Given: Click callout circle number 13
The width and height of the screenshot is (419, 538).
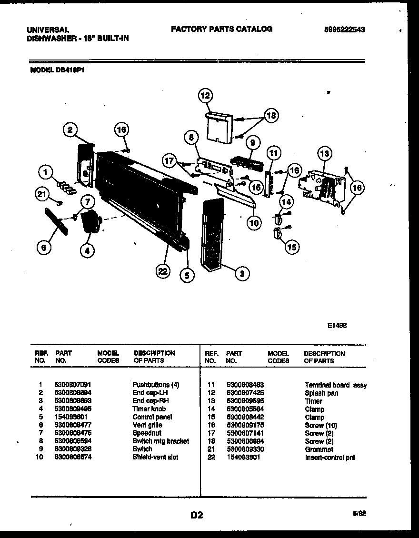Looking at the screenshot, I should (324, 154).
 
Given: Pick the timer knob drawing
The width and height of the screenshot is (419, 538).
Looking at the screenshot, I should (91, 222).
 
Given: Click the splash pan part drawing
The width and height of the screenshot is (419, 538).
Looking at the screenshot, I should (219, 127).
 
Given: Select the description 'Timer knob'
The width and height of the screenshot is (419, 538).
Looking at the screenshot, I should (149, 408).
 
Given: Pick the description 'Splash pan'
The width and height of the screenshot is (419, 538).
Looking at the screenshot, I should (321, 393).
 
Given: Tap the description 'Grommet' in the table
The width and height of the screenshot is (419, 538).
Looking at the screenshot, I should (319, 449).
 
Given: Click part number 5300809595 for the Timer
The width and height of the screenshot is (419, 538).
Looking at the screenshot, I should (246, 401).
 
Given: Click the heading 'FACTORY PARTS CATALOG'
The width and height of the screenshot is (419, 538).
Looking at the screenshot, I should (221, 29).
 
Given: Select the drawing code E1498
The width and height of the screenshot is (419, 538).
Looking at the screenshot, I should (337, 326).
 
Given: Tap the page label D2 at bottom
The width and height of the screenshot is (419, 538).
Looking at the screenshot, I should (197, 515).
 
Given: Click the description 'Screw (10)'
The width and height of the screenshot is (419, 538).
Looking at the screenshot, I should (320, 425).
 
